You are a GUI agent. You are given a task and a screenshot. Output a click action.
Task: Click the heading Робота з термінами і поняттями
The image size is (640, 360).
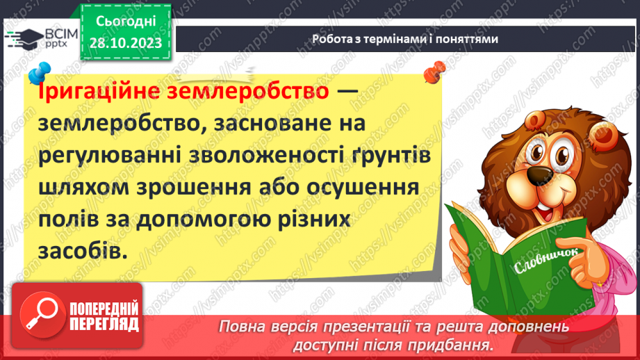click(x=404, y=39)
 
